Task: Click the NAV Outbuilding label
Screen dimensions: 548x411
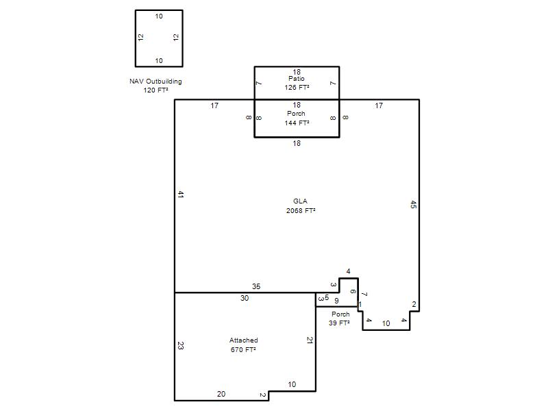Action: (155, 82)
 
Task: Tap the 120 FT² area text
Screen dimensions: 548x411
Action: (155, 90)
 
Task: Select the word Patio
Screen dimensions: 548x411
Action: (297, 79)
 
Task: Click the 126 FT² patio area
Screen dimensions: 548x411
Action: (297, 88)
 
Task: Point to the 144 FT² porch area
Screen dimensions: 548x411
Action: (297, 123)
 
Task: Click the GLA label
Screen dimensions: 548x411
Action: (300, 201)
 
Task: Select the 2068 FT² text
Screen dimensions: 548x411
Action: (301, 210)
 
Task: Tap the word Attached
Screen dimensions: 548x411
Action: (244, 340)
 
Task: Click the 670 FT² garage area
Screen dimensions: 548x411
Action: (243, 349)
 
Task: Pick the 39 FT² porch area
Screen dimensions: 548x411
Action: (339, 323)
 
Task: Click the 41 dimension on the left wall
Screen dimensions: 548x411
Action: (180, 195)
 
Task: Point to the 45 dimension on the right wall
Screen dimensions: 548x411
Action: (413, 204)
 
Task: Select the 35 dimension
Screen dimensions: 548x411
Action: (256, 286)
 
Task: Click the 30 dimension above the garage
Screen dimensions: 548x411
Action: (245, 298)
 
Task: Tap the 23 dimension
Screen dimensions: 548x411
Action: (180, 346)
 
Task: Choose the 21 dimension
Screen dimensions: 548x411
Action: (310, 340)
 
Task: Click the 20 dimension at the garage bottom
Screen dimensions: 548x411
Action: (221, 394)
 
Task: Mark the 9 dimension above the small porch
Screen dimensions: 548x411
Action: (336, 301)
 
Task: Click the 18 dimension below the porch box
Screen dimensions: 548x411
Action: (297, 143)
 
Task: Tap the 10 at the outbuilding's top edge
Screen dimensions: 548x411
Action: (159, 16)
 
